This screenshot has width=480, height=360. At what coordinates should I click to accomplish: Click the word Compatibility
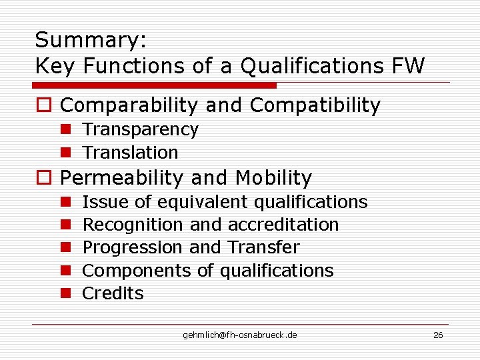click(x=315, y=105)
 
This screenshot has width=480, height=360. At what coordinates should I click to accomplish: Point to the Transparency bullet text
click(x=140, y=129)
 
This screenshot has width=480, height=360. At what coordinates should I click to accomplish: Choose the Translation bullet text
click(x=130, y=153)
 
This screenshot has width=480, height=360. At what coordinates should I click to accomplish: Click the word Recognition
click(x=133, y=225)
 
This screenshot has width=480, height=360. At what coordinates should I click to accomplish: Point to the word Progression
click(x=133, y=248)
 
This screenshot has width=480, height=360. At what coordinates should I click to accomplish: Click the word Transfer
click(x=264, y=247)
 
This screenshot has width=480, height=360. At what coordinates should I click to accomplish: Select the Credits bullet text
click(x=113, y=293)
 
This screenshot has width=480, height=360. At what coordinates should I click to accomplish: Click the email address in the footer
click(x=240, y=335)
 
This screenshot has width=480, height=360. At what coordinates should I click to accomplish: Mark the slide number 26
click(x=438, y=335)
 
